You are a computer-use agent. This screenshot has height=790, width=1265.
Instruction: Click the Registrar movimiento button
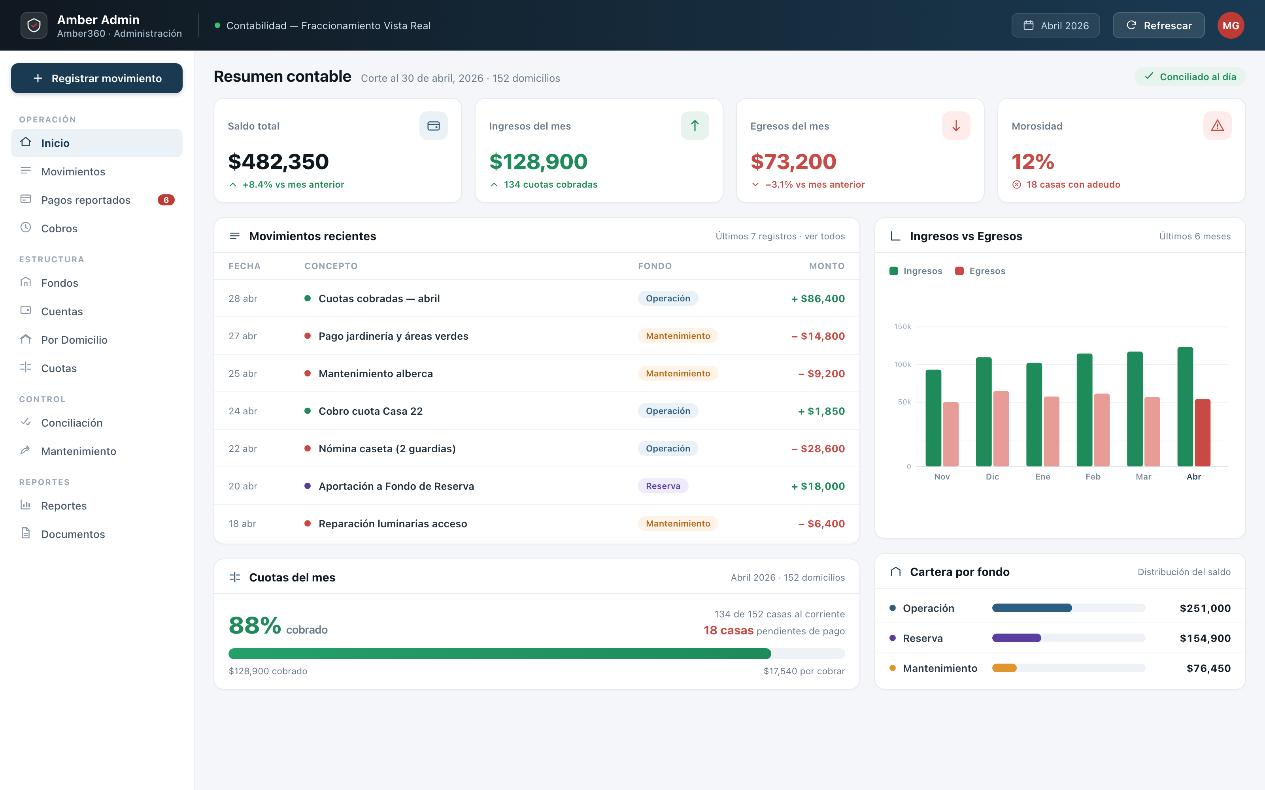click(x=97, y=78)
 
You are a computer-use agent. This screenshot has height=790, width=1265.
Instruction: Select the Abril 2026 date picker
click(x=1055, y=26)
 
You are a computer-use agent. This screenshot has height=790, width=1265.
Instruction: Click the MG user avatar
click(x=1231, y=26)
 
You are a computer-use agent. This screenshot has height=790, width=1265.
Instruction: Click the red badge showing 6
click(x=166, y=200)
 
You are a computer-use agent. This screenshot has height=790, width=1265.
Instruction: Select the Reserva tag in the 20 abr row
click(x=663, y=486)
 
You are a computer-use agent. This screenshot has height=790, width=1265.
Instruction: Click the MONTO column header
click(x=827, y=266)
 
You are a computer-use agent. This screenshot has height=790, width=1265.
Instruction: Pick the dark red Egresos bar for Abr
click(x=1202, y=433)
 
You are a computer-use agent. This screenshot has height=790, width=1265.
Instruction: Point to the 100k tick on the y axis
click(x=903, y=364)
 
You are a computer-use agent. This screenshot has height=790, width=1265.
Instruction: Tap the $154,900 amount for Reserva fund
click(x=1205, y=638)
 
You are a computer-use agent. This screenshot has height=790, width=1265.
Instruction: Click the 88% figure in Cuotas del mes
click(x=255, y=625)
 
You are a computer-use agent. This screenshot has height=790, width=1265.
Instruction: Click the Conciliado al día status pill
click(x=1190, y=77)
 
